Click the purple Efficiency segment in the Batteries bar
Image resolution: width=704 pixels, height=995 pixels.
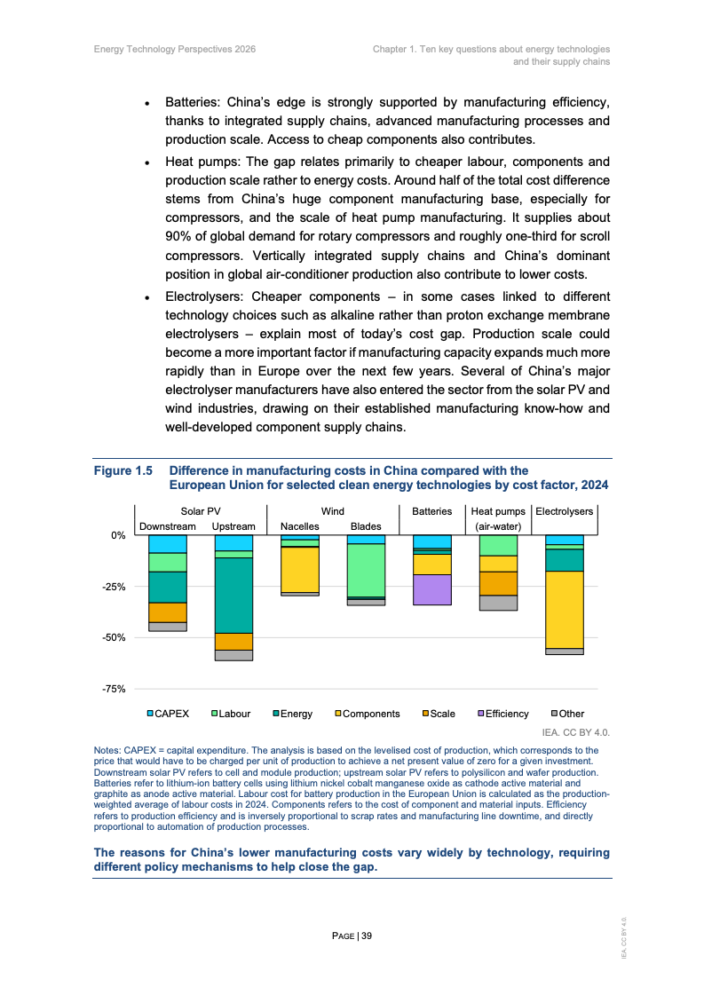coord(432,589)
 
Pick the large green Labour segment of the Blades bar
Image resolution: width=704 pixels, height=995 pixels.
coord(365,570)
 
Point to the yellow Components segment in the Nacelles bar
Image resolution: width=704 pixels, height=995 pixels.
coord(299,570)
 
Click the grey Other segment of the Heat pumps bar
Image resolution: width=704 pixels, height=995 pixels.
coord(498,603)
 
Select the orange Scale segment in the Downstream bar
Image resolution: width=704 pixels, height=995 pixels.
coord(168,612)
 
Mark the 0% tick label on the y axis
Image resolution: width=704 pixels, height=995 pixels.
coord(118,535)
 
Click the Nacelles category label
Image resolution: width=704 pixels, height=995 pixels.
coord(299,526)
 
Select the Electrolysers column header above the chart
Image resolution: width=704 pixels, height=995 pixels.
coord(564,511)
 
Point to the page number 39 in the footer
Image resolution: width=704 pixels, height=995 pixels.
coord(366,936)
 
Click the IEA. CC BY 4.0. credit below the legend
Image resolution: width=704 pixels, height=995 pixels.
coord(575,733)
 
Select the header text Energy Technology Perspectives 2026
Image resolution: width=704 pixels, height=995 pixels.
coord(175,49)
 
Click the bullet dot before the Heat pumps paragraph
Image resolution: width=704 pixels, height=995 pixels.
coord(147,162)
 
